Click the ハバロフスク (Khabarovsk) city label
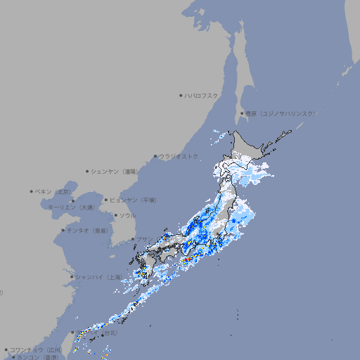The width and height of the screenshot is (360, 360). [x=202, y=95]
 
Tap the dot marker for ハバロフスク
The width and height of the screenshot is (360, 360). [x=181, y=95]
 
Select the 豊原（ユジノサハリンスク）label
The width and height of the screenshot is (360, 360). [x=281, y=113]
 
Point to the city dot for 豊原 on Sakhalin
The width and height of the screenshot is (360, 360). [x=242, y=113]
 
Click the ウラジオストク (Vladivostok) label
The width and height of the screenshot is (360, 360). [x=179, y=156]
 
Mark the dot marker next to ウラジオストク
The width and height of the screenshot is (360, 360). [x=155, y=156]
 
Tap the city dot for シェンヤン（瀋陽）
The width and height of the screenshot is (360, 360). [x=88, y=171]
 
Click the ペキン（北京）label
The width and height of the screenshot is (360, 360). [x=54, y=191]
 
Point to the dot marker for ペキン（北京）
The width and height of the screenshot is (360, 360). [x=32, y=191]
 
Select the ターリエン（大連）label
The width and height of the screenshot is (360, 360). [x=71, y=207]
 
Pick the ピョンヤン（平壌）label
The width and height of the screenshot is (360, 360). [x=134, y=200]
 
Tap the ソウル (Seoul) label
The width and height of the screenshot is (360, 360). [x=127, y=215]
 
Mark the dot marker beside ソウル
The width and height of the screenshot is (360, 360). [x=115, y=215]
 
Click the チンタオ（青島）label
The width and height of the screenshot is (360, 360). [x=87, y=230]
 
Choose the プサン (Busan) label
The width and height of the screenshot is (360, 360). [x=143, y=239]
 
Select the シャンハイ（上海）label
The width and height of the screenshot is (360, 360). [x=98, y=277]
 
